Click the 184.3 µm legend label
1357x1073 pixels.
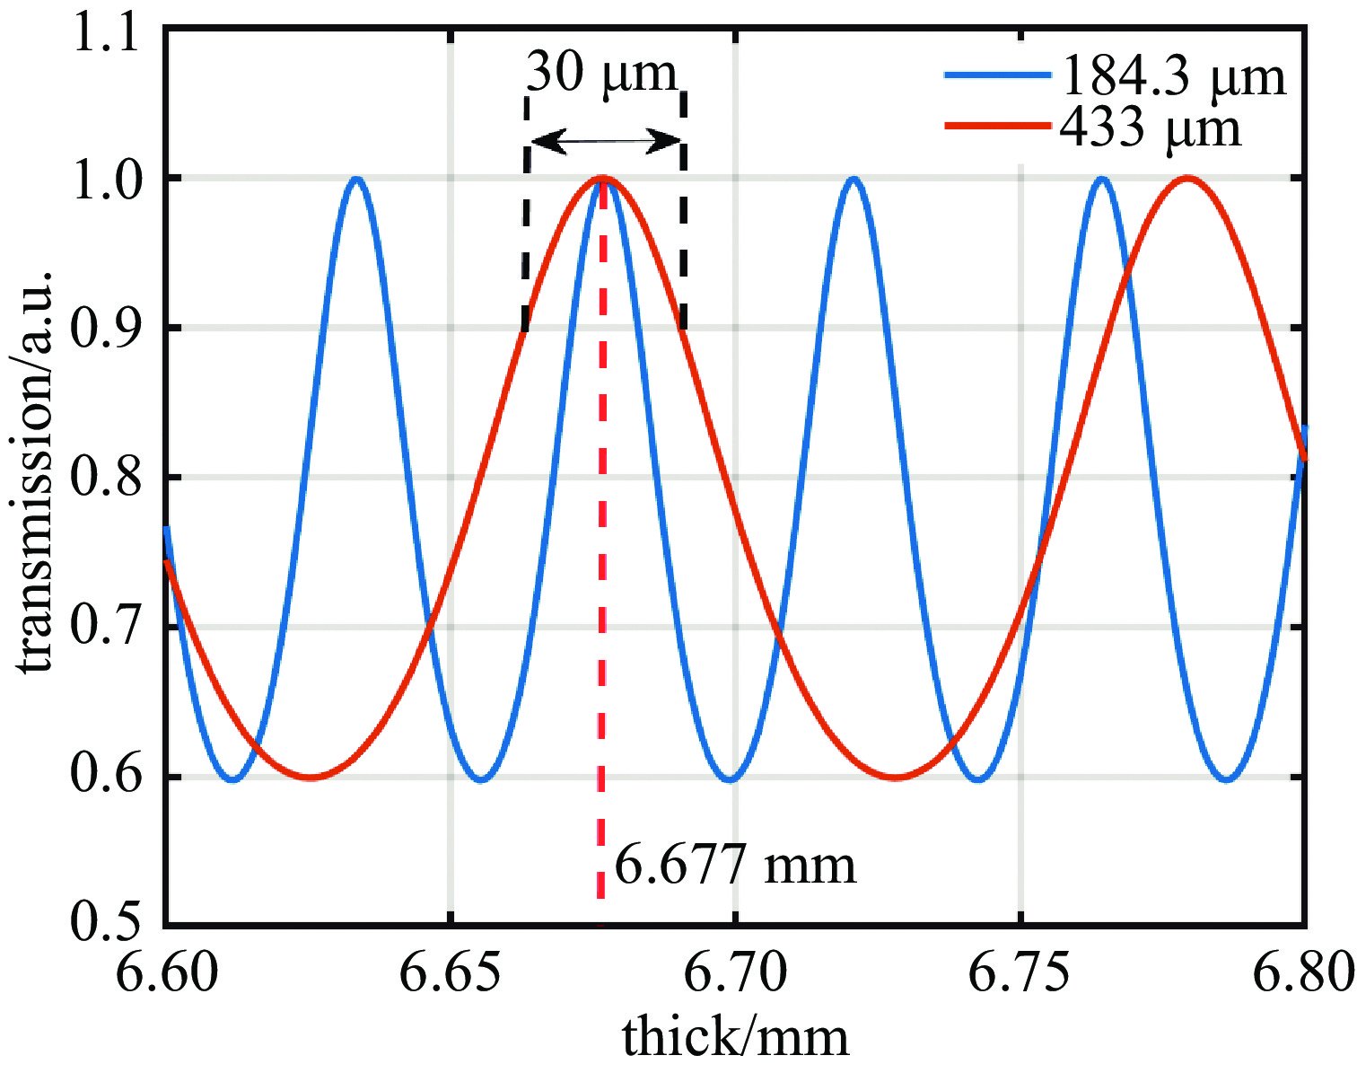[x=1173, y=77]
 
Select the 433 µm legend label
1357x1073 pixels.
[x=1151, y=128]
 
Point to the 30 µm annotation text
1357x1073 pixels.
[x=600, y=73]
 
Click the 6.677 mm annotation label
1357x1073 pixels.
[x=735, y=866]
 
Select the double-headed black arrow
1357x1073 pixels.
[x=606, y=141]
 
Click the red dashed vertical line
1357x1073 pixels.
[x=601, y=629]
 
